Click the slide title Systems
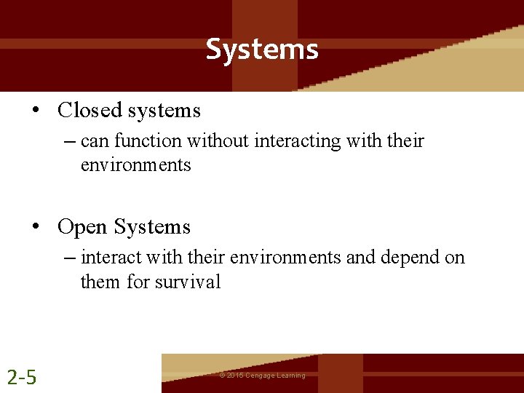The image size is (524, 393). [x=262, y=49]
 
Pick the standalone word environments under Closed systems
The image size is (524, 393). [x=135, y=165]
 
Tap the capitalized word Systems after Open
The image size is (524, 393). [x=152, y=227]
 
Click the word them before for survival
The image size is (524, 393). [x=100, y=282]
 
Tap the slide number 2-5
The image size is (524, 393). [x=22, y=377]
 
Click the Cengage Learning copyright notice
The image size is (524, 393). [x=262, y=376]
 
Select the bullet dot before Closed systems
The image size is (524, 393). [x=35, y=111]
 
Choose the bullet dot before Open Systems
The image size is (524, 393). [x=35, y=227]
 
